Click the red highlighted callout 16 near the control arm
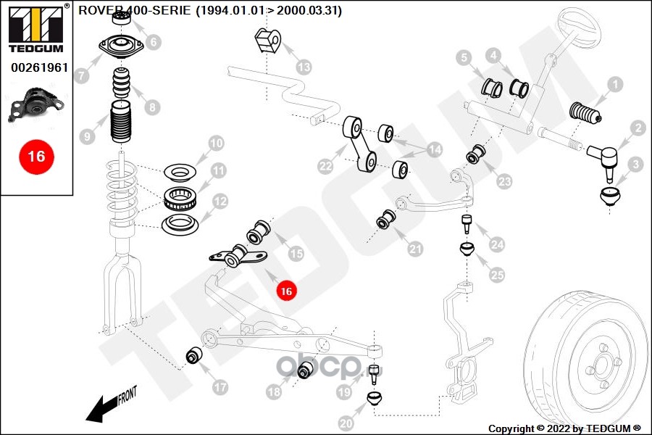click(x=286, y=291)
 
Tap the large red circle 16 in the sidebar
click(x=36, y=157)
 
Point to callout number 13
click(x=304, y=67)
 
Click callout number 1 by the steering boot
click(x=614, y=86)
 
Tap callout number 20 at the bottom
click(x=346, y=423)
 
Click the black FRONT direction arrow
click(x=101, y=407)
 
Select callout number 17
click(x=220, y=387)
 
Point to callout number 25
click(x=496, y=275)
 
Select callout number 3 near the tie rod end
click(x=635, y=165)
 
